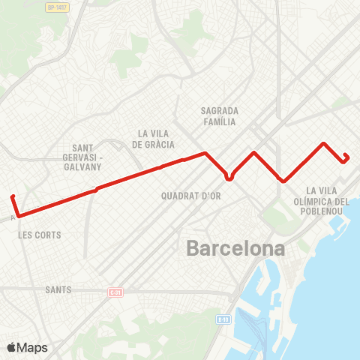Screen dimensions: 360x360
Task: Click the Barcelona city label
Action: (235, 247)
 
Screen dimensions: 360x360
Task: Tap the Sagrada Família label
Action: (219, 115)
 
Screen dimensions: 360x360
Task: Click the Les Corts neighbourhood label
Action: (39, 235)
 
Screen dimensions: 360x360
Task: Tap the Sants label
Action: (58, 289)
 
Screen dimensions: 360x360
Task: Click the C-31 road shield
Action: (115, 292)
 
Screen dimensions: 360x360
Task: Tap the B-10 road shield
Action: (223, 319)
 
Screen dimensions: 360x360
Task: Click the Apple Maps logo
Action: (27, 347)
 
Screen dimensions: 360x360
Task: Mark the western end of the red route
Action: (13, 197)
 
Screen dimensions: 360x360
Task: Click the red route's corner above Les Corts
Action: (18, 216)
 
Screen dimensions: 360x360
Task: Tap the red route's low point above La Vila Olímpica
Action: (283, 181)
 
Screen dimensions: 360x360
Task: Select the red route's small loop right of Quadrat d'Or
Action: (229, 177)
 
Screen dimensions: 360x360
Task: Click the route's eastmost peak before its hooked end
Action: (324, 143)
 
